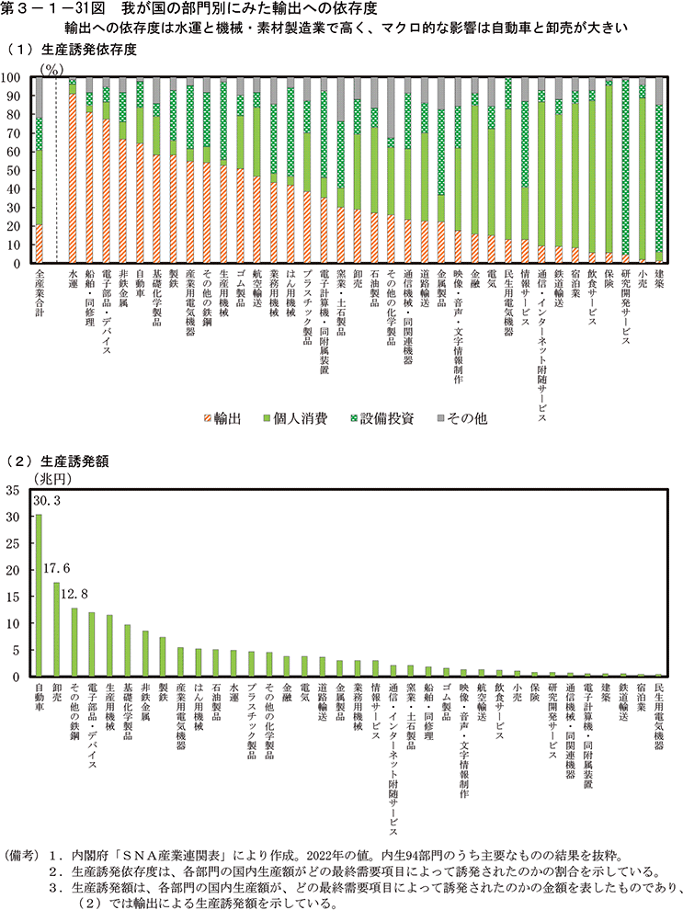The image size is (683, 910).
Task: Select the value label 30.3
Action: click(47, 502)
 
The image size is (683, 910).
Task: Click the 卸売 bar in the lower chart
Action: click(56, 630)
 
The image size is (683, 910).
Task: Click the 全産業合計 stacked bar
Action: click(39, 170)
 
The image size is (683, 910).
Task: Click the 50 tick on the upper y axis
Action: click(17, 171)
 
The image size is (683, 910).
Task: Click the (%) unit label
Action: click(54, 67)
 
